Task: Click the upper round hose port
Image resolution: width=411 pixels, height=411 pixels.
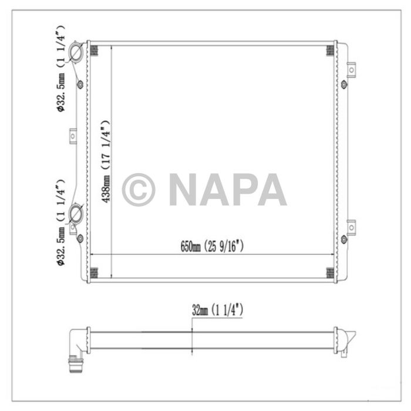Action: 76,53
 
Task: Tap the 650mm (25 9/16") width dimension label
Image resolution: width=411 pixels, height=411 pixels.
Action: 212,247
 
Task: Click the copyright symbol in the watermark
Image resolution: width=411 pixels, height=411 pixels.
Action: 139,190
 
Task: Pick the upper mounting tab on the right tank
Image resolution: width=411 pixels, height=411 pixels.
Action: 351,70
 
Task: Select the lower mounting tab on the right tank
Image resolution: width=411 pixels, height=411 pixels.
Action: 351,226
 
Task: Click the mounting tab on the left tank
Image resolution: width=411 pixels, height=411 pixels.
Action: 73,136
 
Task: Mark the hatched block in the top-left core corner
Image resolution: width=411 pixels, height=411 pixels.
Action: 93,50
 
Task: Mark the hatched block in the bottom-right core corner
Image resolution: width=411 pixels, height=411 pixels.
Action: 330,273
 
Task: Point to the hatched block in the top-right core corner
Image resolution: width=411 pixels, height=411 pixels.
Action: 330,50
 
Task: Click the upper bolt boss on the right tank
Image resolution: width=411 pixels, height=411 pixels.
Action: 344,84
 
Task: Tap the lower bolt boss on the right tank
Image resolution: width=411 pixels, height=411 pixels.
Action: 344,238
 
